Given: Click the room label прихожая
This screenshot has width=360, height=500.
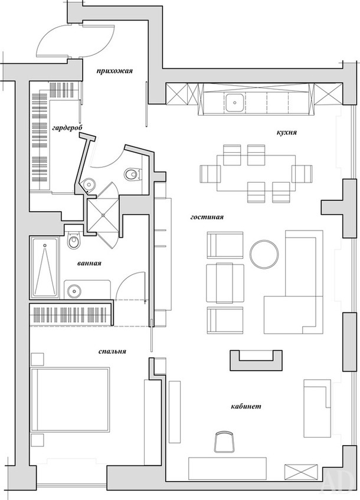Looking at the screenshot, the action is click(x=114, y=71).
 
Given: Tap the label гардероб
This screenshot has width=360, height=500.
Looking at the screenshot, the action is click(x=67, y=127).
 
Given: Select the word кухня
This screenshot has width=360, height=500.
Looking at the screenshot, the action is click(x=287, y=132).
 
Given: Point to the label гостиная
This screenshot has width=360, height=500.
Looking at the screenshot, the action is click(x=207, y=217).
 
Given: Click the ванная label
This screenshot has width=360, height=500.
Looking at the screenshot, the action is click(x=89, y=264).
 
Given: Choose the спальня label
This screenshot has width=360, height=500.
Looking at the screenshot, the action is click(x=112, y=351).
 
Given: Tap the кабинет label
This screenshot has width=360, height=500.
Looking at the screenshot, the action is click(x=246, y=406).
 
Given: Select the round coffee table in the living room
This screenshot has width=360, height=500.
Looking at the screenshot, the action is click(x=264, y=254).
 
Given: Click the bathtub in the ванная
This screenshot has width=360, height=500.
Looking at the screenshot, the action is click(x=45, y=267).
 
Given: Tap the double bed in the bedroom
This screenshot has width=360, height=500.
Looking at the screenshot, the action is click(x=70, y=399).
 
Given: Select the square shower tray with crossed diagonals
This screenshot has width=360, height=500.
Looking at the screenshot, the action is click(x=103, y=215).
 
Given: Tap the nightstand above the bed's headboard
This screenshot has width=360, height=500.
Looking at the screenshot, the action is click(x=37, y=358).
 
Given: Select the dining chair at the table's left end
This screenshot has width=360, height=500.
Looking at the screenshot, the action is click(x=210, y=173).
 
